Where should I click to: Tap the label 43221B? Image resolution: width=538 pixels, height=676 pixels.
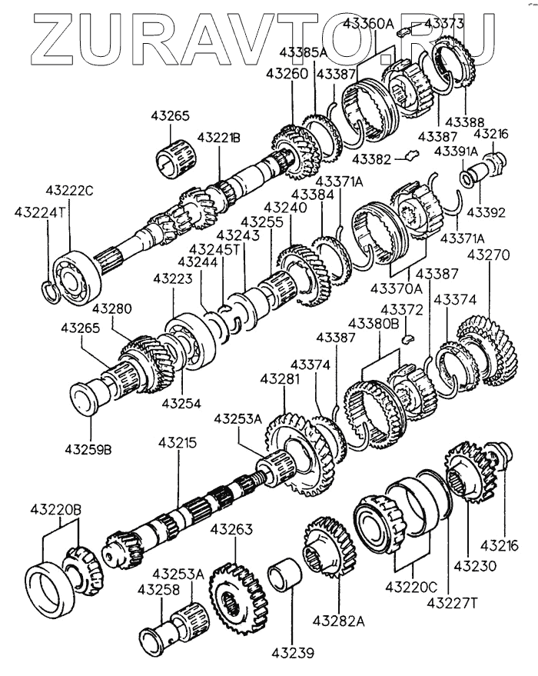219,138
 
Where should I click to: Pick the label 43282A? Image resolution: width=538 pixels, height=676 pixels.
339,621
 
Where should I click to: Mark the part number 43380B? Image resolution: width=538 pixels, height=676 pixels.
374,323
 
